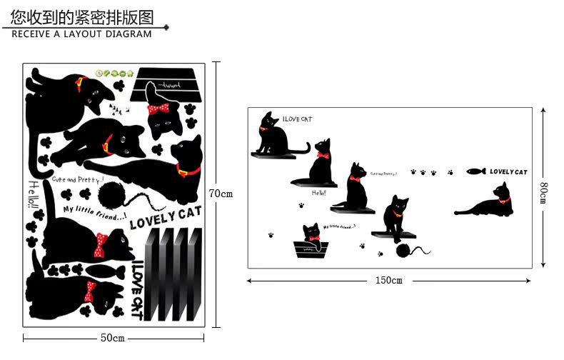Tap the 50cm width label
(112, 337)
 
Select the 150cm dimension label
(388, 281)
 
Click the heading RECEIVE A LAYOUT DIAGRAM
(82, 34)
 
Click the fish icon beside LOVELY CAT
(476, 171)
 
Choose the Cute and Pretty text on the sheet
(77, 179)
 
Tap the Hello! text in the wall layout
(318, 193)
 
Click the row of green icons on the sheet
(114, 73)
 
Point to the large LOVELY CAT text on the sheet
(165, 216)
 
